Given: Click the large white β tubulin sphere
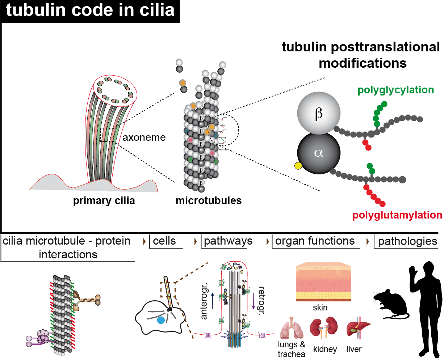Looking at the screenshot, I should tap(319, 113).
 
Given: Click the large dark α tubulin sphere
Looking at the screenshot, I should tap(319, 153).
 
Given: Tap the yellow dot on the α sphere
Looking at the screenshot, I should tap(298, 166).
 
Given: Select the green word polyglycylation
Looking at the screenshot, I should tap(396, 90).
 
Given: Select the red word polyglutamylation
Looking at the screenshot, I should tap(397, 215).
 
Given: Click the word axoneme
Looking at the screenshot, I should tap(144, 137).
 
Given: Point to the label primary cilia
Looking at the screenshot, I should tap(104, 201).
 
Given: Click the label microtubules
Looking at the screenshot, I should tap(209, 200).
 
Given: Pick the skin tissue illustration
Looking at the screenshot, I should tap(323, 282).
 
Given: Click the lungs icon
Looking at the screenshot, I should tap(291, 329).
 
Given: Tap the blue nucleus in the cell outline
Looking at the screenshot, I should tap(161, 320).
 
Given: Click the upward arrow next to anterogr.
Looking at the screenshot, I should tap(212, 300).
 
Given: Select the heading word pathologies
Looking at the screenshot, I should tap(407, 241).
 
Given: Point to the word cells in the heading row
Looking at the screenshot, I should tap(164, 241).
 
